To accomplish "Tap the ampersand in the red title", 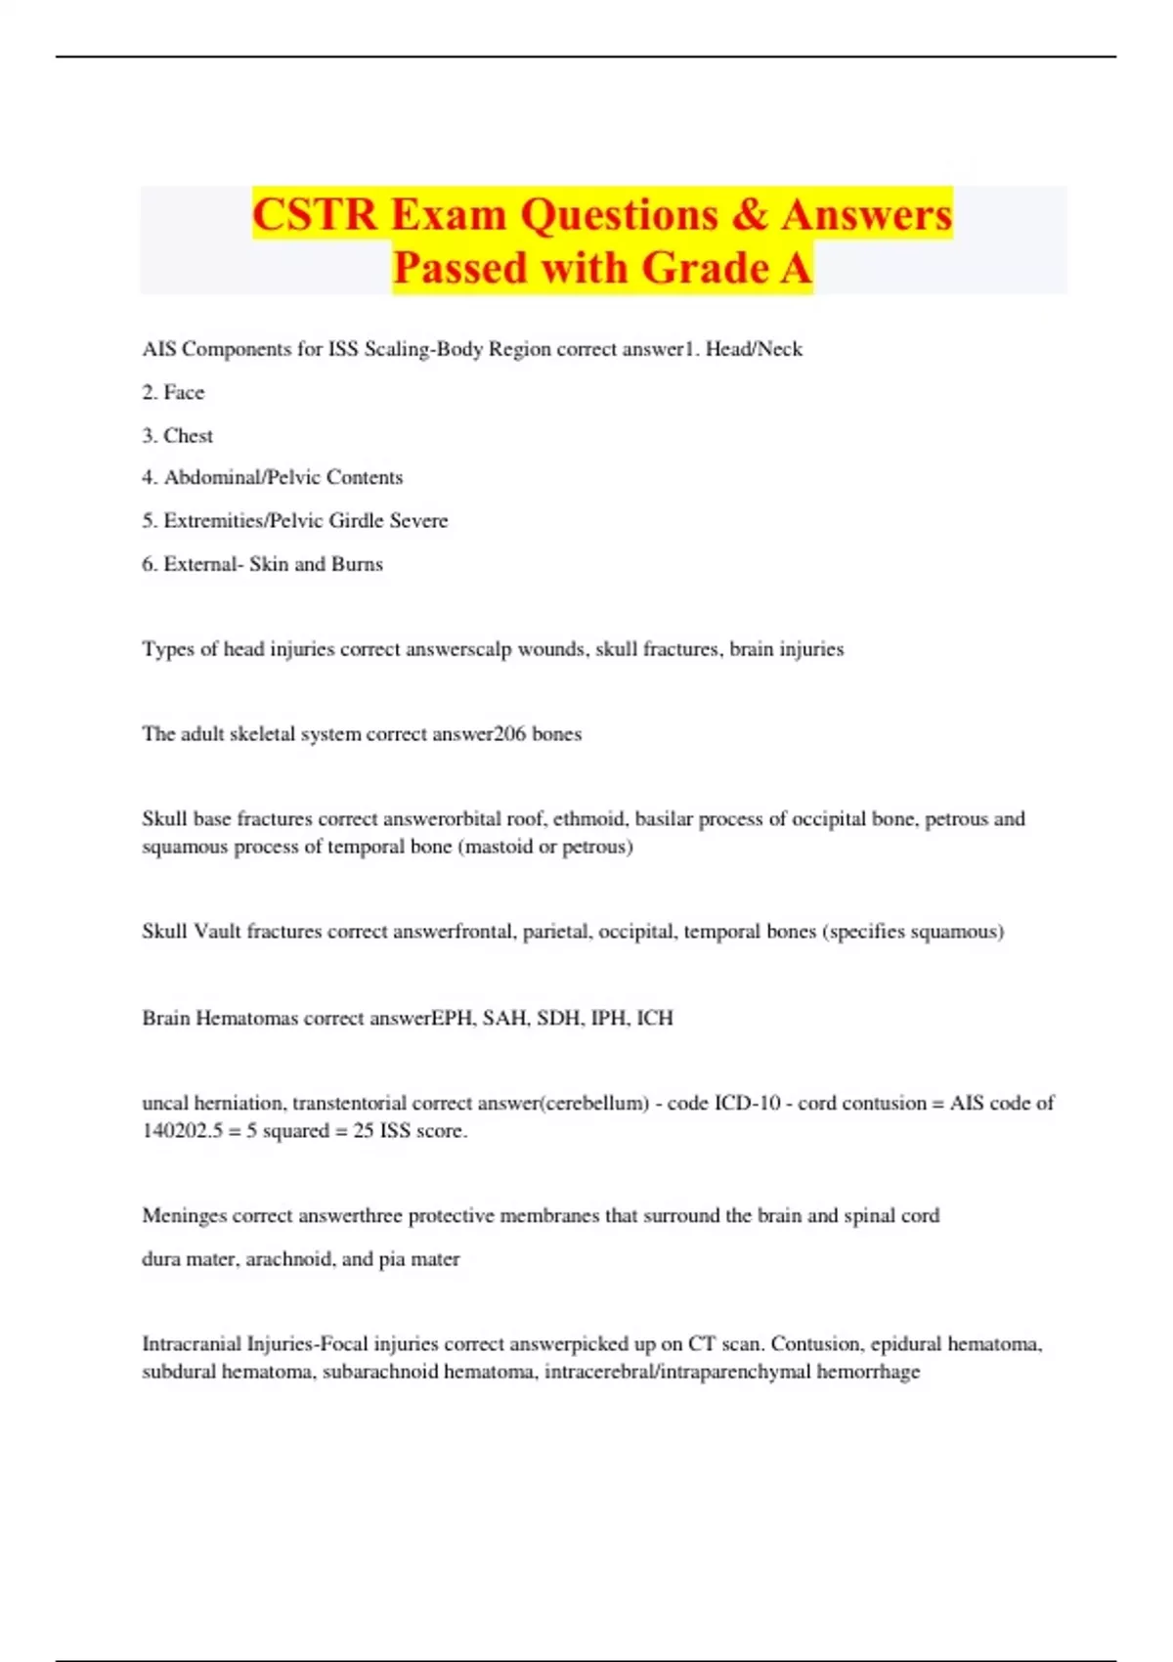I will pyautogui.click(x=749, y=215).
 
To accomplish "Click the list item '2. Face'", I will pyautogui.click(x=173, y=392).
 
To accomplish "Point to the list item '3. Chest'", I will pyautogui.click(x=177, y=435).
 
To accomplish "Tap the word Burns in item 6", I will pyautogui.click(x=357, y=564).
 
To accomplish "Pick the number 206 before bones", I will pyautogui.click(x=509, y=734).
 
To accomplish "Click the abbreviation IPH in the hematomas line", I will pyautogui.click(x=608, y=1018).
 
